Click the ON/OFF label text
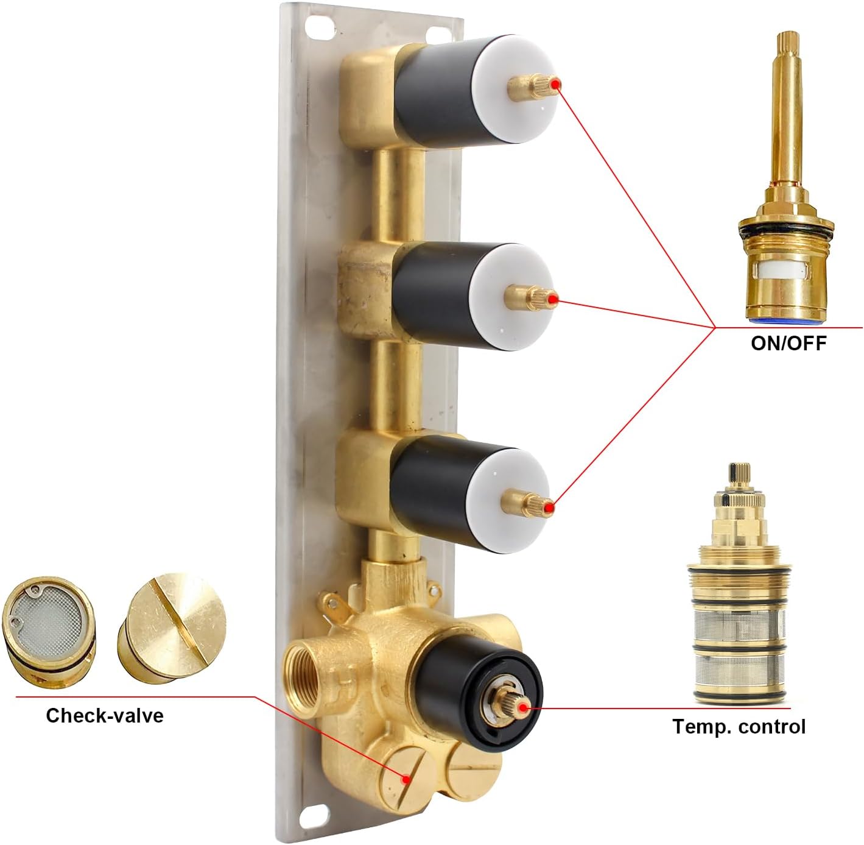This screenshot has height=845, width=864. tap(788, 343)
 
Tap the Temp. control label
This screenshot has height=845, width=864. tap(739, 726)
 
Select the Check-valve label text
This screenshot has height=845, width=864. tap(105, 715)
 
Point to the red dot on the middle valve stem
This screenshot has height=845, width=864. tap(552, 300)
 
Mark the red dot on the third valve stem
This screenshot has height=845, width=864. tap(549, 506)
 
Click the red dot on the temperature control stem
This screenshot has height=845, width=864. tap(523, 707)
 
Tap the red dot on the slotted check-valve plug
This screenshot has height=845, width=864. tap(406, 791)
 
